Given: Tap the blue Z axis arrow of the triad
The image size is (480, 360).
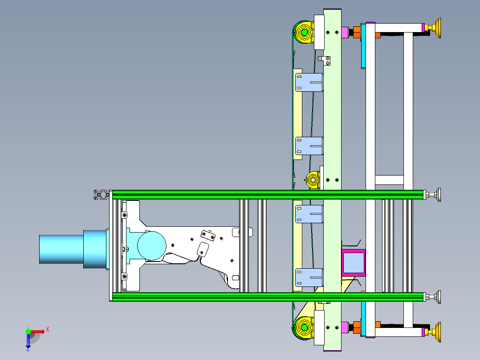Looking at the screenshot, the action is click(28, 341).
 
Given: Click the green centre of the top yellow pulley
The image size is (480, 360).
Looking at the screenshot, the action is click(304, 32).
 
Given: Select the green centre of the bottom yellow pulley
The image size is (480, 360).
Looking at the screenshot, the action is click(304, 327).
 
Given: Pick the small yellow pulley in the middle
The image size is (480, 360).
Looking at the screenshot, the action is click(313, 180).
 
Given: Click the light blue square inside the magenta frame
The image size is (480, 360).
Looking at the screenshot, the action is click(354, 263).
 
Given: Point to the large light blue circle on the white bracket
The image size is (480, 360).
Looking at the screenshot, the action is click(151, 246).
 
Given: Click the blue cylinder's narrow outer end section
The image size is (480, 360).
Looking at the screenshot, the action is click(61, 249).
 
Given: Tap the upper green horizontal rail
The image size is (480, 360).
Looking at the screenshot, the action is click(268, 195).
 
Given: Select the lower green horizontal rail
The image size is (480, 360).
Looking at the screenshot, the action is click(268, 297).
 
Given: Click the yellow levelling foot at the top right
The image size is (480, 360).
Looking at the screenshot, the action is click(435, 28).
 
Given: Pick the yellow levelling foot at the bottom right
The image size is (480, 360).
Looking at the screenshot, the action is click(435, 332).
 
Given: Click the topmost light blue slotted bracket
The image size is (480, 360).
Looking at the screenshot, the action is click(309, 82).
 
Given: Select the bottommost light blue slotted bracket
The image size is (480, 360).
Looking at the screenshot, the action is click(309, 278).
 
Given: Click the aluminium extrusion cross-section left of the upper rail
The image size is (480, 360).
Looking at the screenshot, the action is click(102, 195).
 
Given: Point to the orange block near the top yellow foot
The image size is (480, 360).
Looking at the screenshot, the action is click(357, 32).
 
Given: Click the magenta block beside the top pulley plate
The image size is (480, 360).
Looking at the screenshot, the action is click(345, 33).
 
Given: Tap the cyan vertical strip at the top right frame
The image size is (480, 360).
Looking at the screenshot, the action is click(363, 45).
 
